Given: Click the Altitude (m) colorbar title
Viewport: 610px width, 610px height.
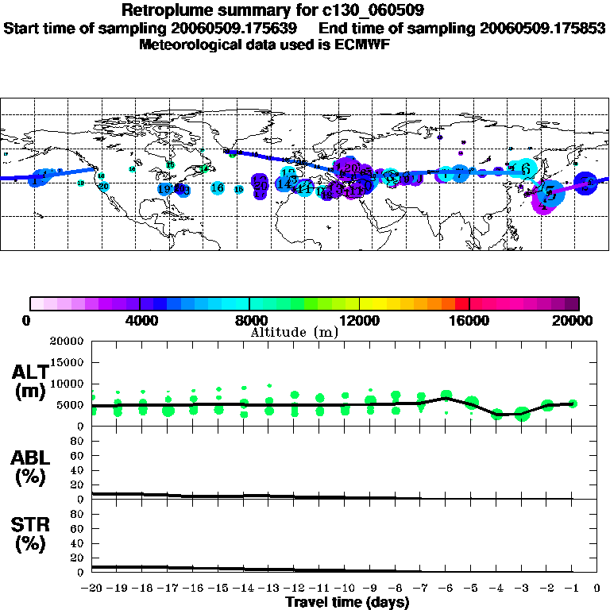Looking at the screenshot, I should (294, 332).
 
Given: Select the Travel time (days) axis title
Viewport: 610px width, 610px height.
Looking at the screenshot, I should (347, 603).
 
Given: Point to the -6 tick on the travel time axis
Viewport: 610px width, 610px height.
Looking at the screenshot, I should (446, 589).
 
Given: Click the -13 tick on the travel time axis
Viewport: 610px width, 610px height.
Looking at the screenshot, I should (269, 589).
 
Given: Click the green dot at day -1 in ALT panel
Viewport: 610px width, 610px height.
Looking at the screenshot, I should (573, 403).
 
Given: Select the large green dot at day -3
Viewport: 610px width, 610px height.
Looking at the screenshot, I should (522, 414).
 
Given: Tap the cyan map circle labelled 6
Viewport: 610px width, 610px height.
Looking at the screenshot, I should (525, 168).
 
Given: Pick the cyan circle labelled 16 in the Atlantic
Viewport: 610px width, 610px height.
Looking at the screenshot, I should (218, 188).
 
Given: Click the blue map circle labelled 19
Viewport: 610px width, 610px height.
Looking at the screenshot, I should (164, 189).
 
